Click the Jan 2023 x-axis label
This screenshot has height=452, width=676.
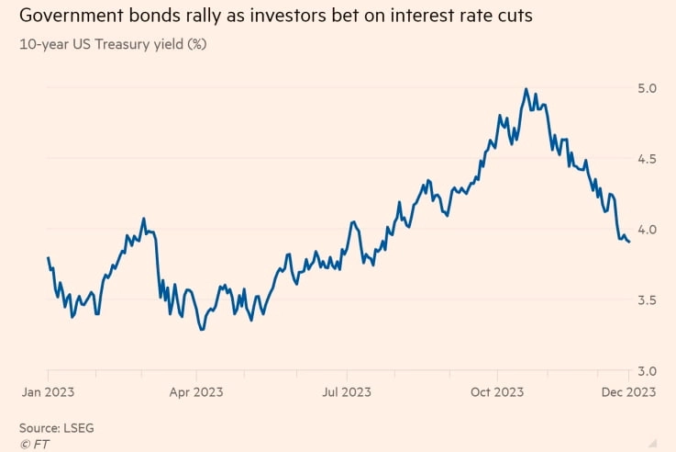click(48, 391)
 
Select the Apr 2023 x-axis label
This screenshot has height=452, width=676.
click(197, 391)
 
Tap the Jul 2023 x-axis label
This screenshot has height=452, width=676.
click(346, 391)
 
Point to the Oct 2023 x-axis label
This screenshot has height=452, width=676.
click(496, 391)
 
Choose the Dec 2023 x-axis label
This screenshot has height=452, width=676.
click(627, 391)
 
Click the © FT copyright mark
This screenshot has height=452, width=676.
click(34, 444)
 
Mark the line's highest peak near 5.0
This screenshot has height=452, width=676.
click(526, 89)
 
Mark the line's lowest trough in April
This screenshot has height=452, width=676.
click(202, 329)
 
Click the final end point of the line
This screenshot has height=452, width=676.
click(628, 242)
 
